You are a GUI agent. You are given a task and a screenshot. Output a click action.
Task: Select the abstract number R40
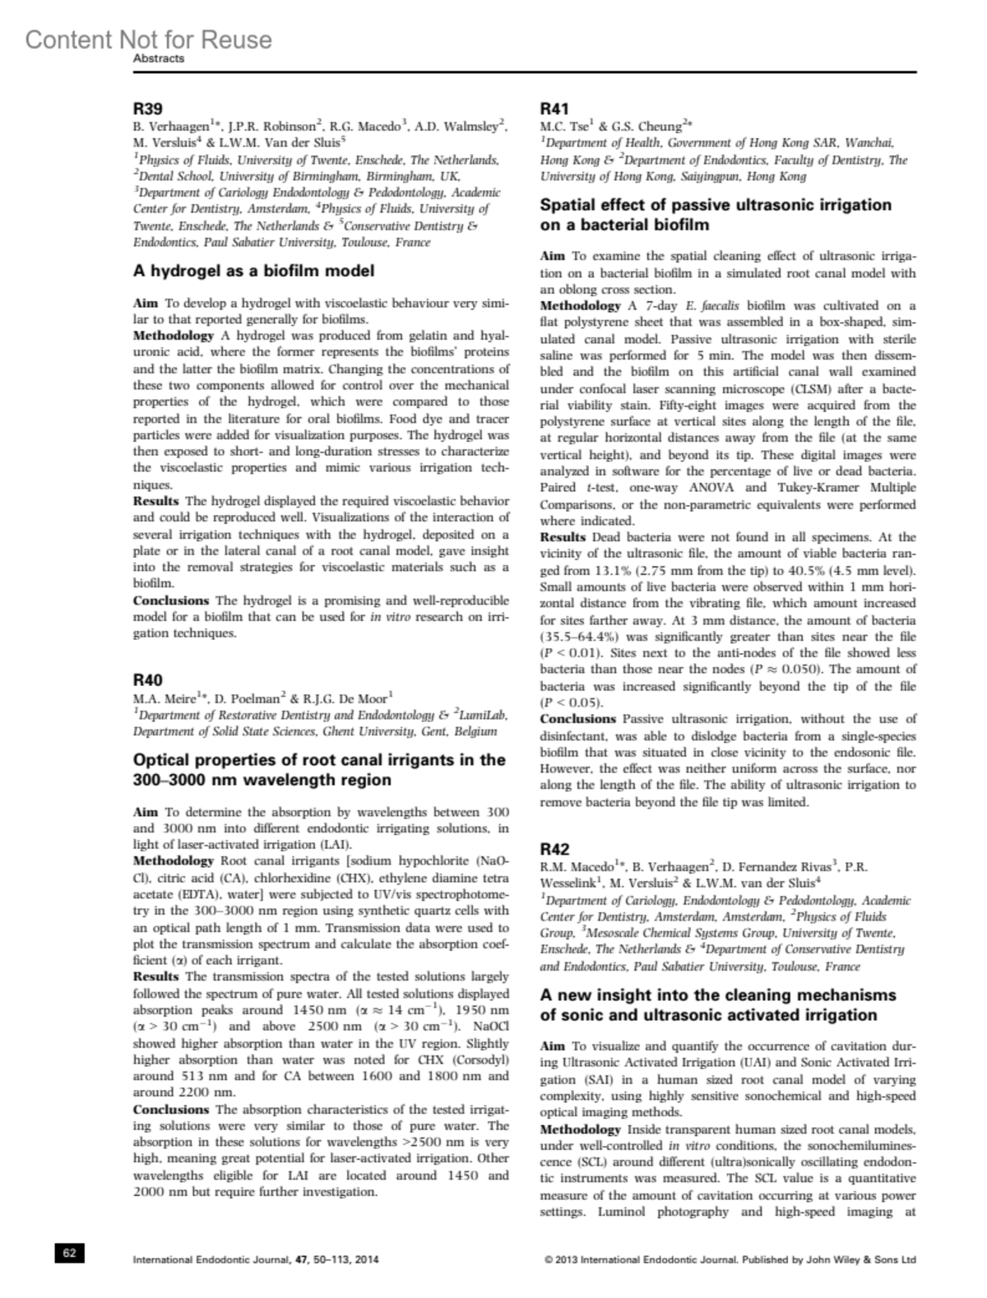pyautogui.click(x=147, y=679)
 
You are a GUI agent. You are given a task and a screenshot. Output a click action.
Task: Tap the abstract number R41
pyautogui.click(x=554, y=109)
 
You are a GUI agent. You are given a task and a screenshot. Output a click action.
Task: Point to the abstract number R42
pyautogui.click(x=554, y=848)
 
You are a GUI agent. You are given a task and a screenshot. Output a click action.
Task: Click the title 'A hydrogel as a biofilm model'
pyautogui.click(x=253, y=271)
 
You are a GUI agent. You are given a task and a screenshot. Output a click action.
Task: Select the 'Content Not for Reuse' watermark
pyautogui.click(x=148, y=39)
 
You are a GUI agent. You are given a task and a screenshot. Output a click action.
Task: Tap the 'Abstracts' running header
pyautogui.click(x=159, y=59)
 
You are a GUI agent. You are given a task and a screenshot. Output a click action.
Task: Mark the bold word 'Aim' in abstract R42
pyautogui.click(x=552, y=1046)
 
